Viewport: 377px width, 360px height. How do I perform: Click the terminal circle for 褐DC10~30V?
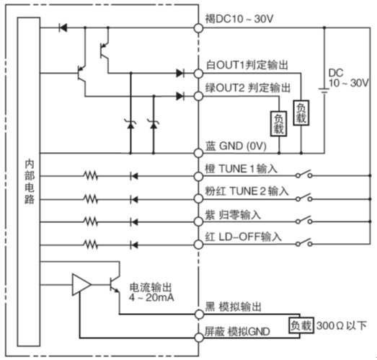coord(198,28)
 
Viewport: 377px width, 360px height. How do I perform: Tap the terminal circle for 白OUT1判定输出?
coord(198,74)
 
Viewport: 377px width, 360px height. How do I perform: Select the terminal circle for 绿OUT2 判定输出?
coord(198,96)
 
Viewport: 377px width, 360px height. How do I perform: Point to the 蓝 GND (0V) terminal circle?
coord(198,153)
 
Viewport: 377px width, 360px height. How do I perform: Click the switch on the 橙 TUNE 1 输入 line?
coord(304,174)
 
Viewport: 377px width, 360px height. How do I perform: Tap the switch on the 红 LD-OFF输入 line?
coord(304,242)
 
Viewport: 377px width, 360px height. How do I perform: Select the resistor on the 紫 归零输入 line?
coord(91,222)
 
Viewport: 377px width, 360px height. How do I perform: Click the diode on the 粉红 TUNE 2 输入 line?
coord(133,199)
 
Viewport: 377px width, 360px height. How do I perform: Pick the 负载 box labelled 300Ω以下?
coord(301,325)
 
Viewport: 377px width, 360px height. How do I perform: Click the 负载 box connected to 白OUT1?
coord(301,113)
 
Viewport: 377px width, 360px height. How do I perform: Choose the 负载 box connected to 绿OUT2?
coord(279,123)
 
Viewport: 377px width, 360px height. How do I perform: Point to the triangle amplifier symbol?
coord(81,285)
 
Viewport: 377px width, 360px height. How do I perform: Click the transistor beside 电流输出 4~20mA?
coord(114,285)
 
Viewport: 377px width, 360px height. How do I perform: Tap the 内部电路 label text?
coord(30,183)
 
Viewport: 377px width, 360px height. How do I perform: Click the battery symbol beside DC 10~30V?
coord(324,90)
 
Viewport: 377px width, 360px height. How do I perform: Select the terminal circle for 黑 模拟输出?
coord(199,314)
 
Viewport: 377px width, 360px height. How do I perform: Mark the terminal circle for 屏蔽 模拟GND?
coord(199,338)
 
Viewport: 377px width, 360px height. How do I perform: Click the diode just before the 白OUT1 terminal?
coord(180,73)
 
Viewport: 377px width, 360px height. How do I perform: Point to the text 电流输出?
coord(151,288)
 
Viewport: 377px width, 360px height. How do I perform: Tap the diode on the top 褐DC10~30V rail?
coord(63,28)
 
